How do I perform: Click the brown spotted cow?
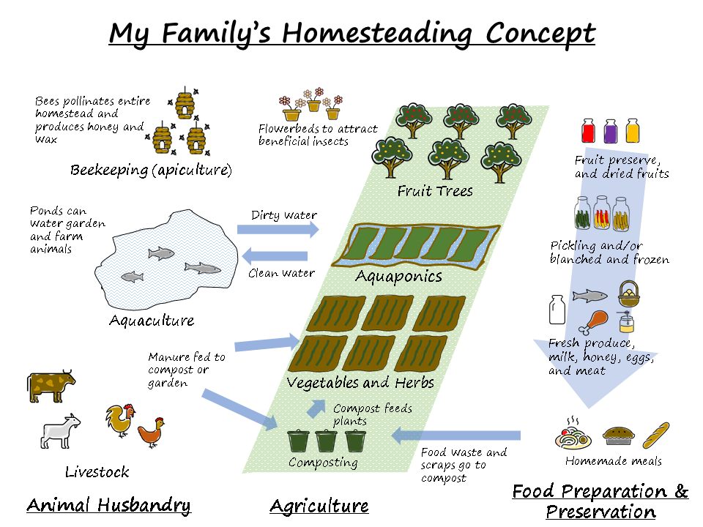51,386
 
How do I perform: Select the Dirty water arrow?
278,230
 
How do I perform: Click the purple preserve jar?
610,131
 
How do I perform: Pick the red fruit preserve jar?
587,131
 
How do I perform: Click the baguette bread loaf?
655,435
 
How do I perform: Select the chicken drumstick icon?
593,322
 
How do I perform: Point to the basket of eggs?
629,294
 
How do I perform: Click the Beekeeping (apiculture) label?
151,171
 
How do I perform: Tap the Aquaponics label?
398,277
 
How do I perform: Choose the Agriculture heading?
319,506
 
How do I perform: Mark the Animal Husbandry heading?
108,505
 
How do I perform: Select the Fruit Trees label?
435,192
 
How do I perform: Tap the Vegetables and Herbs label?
360,383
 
